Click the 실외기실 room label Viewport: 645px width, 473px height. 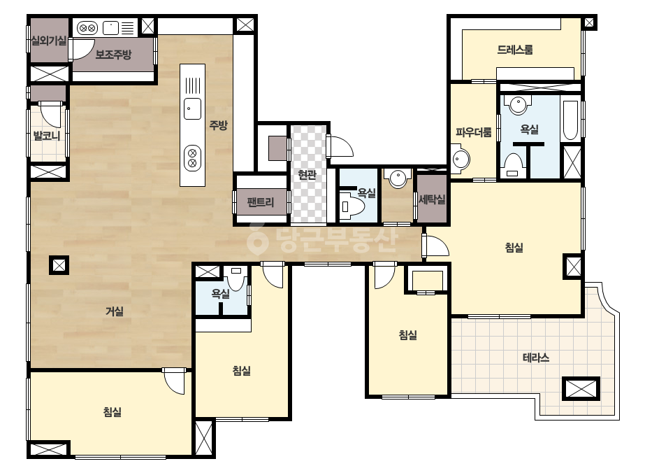pos(48,41)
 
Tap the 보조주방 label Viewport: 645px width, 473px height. pos(113,55)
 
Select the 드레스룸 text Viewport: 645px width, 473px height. pos(515,50)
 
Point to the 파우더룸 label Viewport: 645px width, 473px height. pos(474,132)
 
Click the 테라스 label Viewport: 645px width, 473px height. pos(536,358)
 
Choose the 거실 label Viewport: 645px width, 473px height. pos(115,311)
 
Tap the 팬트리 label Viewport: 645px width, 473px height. pos(261,202)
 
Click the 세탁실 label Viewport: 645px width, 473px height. pos(432,199)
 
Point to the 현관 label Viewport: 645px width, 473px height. pos(307,175)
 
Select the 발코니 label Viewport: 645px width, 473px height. pos(47,135)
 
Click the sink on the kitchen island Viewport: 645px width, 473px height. pos(192,108)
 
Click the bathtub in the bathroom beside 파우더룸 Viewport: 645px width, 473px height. pos(570,120)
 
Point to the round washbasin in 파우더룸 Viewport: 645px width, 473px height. pos(461,159)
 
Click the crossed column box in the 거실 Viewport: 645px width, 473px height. pos(59,265)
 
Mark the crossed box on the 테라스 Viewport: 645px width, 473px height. pos(581,388)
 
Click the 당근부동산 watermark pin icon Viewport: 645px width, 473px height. pos(257,240)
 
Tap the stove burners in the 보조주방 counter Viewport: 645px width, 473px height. pos(87,28)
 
